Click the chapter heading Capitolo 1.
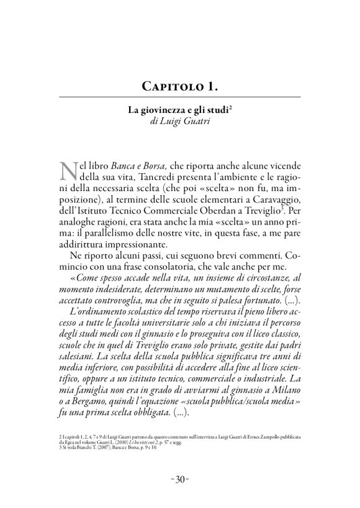pyautogui.click(x=180, y=84)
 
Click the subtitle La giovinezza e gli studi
pyautogui.click(x=179, y=111)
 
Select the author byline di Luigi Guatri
pyautogui.click(x=180, y=122)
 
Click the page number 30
pyautogui.click(x=180, y=479)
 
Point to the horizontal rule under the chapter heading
pyautogui.click(x=180, y=96)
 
